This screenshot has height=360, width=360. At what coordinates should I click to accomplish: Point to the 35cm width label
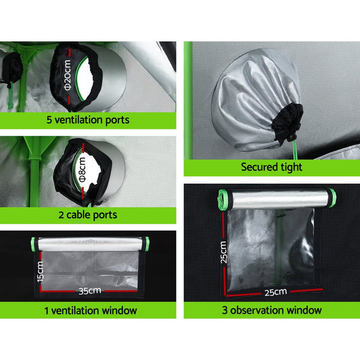click(x=88, y=291)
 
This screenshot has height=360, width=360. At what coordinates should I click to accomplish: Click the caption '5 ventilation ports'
click(x=88, y=120)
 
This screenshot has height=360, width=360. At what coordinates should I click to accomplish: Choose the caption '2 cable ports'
click(x=88, y=214)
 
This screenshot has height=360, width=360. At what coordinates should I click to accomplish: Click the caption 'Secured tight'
click(x=271, y=167)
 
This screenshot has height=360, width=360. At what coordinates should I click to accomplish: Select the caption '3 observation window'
click(x=272, y=310)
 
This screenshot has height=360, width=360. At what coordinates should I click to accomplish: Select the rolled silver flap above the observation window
click(x=273, y=197)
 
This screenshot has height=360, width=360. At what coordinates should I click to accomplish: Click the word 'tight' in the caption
click(x=290, y=167)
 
